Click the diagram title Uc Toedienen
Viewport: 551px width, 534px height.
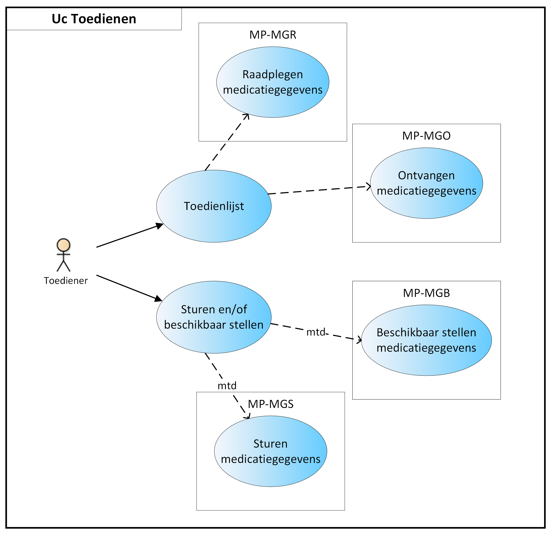(x=94, y=19)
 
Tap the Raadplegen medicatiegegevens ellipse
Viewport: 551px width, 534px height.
(x=273, y=82)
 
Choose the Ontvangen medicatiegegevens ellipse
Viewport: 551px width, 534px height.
(x=427, y=183)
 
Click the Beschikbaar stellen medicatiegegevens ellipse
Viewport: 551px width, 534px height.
(x=427, y=340)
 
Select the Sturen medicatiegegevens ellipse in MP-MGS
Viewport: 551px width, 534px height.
(x=270, y=451)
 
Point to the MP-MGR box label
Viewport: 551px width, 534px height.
(x=273, y=35)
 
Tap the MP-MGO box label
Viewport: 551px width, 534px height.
(x=427, y=136)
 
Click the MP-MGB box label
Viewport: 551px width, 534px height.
(x=427, y=293)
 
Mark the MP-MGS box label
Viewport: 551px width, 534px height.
(x=270, y=404)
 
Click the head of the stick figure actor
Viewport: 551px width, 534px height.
(x=63, y=245)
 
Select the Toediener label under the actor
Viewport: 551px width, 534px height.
(x=66, y=281)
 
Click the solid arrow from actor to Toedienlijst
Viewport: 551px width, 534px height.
(x=130, y=235)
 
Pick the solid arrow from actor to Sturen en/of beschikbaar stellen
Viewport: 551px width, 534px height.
(x=129, y=288)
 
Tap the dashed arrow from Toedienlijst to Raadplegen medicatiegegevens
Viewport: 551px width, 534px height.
(x=227, y=142)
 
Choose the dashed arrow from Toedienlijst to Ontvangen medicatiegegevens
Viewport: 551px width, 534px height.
(x=319, y=190)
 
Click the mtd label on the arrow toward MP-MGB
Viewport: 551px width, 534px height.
(x=316, y=332)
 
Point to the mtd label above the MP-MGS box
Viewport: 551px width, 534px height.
(x=227, y=386)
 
